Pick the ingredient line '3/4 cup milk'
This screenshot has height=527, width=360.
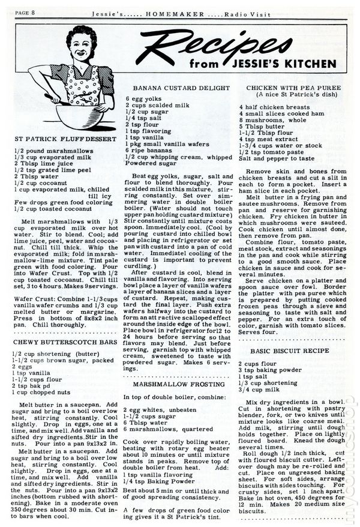[259, 390]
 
